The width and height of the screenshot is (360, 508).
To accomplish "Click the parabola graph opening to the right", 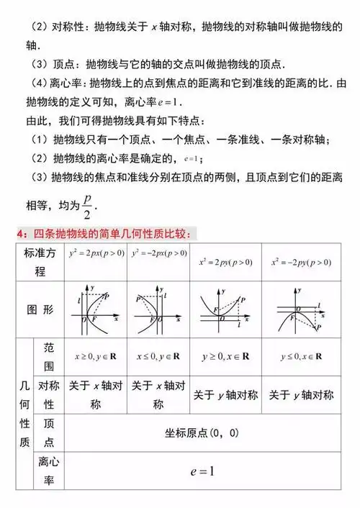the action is (96, 309).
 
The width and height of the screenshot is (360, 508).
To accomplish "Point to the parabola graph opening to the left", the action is (158, 309).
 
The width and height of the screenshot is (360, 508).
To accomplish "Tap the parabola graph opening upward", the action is (225, 309).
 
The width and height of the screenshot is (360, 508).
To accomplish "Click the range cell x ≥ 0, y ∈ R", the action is (96, 356).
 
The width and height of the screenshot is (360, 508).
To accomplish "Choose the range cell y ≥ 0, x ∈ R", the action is (226, 356).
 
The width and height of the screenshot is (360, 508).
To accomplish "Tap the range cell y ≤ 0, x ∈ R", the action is (301, 356).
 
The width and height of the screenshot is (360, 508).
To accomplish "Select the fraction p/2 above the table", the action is (87, 206).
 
